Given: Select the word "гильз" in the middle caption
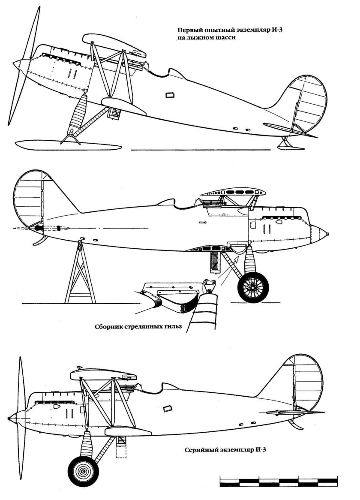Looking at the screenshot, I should (x=173, y=326).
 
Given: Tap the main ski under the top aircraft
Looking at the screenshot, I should (x=64, y=145).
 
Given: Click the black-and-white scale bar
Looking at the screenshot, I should (x=278, y=481).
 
